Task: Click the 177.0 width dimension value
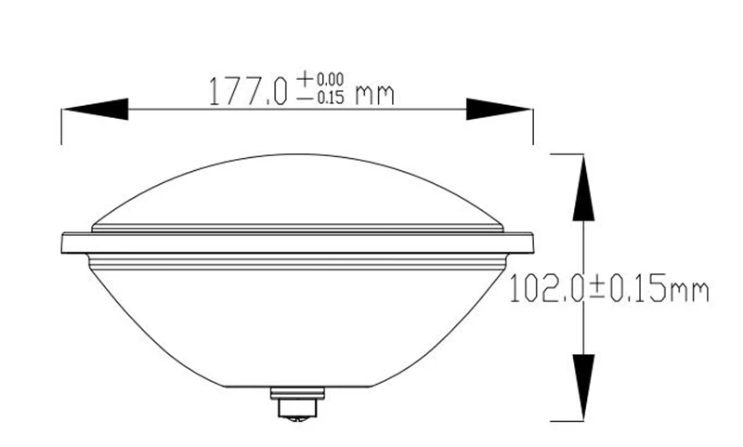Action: [x=248, y=90]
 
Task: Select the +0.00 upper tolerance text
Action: [x=320, y=78]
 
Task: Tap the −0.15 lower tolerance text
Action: [x=320, y=98]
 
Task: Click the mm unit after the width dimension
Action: [x=375, y=95]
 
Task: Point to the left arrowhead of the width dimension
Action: [x=96, y=110]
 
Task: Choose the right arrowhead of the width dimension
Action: [x=499, y=110]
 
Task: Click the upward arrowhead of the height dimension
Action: [x=583, y=188]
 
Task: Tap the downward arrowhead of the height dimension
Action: [x=583, y=388]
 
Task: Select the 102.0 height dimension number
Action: [x=545, y=288]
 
